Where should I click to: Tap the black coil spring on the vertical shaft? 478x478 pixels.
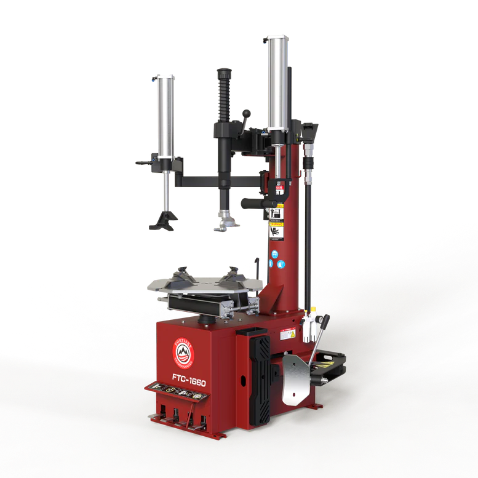[224, 98]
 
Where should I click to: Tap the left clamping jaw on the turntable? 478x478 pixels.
[184, 276]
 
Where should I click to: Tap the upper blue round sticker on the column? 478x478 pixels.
[274, 252]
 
